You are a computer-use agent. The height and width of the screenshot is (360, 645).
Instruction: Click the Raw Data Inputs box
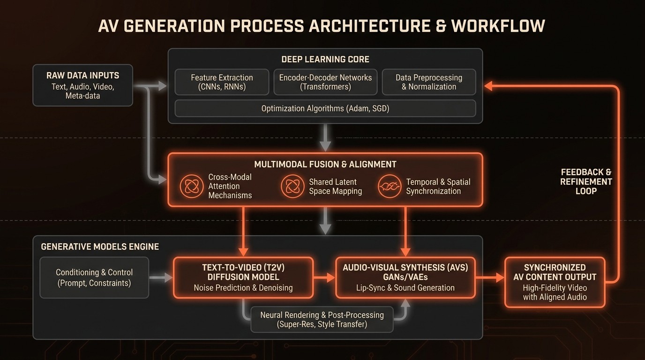click(x=82, y=85)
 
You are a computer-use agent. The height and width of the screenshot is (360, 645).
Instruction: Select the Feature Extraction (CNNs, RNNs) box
click(x=222, y=82)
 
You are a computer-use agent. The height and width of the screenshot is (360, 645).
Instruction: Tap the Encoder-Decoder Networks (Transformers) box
click(x=325, y=82)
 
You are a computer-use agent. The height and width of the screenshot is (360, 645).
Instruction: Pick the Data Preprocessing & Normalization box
click(x=429, y=82)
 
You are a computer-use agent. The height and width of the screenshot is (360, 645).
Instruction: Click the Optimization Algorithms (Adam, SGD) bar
click(x=325, y=108)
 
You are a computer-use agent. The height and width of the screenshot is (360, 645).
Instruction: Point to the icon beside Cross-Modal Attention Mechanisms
click(x=192, y=186)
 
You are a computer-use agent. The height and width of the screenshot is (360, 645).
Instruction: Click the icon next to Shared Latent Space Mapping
click(x=292, y=186)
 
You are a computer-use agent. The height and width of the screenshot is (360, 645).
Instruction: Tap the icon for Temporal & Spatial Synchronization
click(x=390, y=186)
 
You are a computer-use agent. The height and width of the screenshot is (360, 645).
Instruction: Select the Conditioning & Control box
click(x=94, y=277)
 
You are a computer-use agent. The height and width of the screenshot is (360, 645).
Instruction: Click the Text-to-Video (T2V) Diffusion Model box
click(x=243, y=277)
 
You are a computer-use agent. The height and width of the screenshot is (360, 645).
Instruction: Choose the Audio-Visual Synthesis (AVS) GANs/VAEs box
click(x=405, y=277)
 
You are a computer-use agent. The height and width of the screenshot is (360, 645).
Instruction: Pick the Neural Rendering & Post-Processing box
click(x=322, y=319)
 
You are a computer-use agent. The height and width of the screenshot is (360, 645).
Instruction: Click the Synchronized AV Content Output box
click(x=555, y=282)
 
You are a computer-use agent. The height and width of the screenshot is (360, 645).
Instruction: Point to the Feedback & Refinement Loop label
click(x=586, y=181)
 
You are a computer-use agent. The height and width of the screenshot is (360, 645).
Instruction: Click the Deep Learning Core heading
click(x=325, y=60)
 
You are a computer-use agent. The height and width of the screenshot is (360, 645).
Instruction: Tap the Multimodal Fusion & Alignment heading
click(x=325, y=165)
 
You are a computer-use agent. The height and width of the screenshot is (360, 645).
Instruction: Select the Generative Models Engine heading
click(x=100, y=247)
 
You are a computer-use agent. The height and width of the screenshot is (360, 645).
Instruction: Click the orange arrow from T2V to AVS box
click(x=324, y=278)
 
